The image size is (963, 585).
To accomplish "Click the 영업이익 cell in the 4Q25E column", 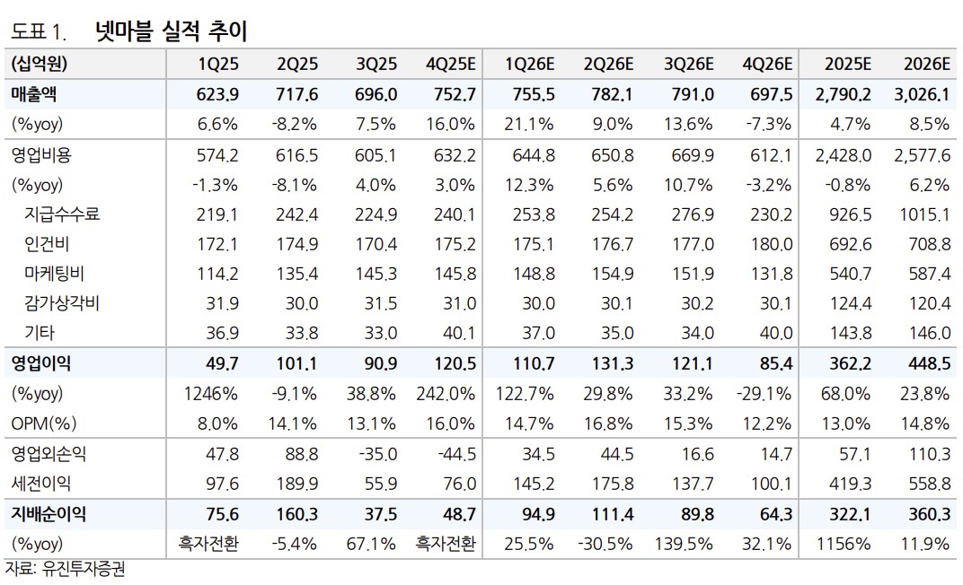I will (x=455, y=363).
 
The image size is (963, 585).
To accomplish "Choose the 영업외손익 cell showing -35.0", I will (x=375, y=455).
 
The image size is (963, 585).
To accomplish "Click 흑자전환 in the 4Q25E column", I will (x=446, y=545).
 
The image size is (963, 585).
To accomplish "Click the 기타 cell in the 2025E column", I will (x=850, y=333).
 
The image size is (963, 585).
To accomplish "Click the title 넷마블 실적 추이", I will (x=171, y=31).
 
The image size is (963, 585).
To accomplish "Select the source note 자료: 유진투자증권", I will (x=64, y=570).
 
